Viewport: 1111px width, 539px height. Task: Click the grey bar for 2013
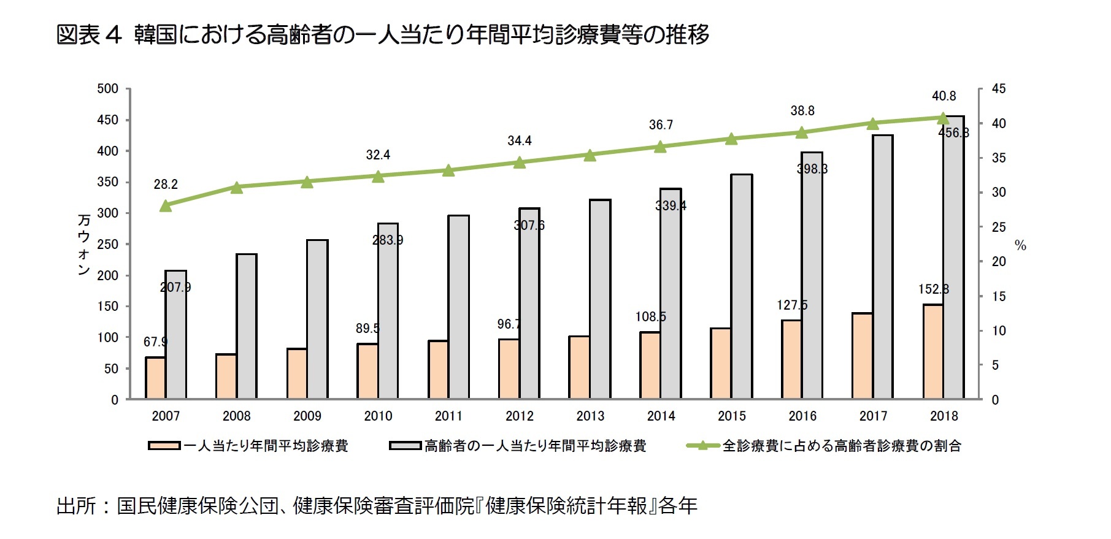click(x=600, y=299)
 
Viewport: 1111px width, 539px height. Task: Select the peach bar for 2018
click(x=933, y=352)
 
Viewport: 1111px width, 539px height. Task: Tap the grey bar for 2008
click(x=247, y=326)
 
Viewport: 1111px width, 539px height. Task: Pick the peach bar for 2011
click(x=438, y=370)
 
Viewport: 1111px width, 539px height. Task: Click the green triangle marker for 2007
click(x=166, y=205)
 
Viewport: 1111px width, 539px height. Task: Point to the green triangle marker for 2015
click(x=731, y=139)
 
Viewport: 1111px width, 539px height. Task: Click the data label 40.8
click(x=944, y=96)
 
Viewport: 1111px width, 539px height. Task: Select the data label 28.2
click(x=166, y=184)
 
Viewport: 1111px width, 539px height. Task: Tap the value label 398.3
click(x=812, y=169)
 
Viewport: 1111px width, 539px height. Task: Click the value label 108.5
click(x=650, y=316)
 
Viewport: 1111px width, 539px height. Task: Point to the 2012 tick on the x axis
click(x=519, y=416)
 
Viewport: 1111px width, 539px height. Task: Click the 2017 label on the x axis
click(x=873, y=416)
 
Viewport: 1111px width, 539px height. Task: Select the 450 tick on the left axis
click(x=107, y=120)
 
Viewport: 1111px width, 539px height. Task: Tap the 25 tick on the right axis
click(x=999, y=227)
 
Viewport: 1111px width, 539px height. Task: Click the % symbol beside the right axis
click(x=1020, y=245)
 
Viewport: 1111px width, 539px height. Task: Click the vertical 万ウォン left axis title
click(x=84, y=244)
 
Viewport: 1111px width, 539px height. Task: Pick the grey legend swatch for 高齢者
click(x=405, y=446)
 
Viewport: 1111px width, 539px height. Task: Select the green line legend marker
click(x=703, y=446)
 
